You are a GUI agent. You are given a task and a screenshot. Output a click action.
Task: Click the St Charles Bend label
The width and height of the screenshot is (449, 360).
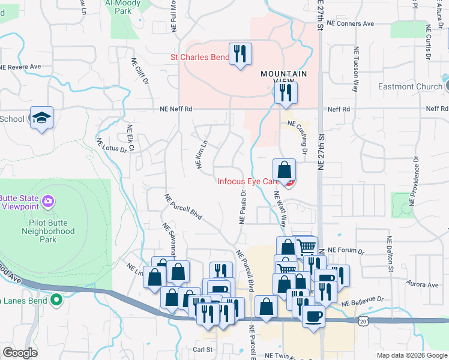(x=200, y=58)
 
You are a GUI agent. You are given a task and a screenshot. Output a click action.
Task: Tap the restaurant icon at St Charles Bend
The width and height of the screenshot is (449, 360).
(x=240, y=54)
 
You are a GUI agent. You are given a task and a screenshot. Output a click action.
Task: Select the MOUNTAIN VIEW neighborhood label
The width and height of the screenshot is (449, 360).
(x=283, y=74)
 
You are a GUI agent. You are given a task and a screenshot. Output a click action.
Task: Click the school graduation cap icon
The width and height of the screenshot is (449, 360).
(x=42, y=117)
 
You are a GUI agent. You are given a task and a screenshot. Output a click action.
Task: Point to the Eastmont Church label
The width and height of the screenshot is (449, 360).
(x=410, y=86)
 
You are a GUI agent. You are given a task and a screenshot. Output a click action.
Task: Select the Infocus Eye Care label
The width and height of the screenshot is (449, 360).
(x=249, y=181)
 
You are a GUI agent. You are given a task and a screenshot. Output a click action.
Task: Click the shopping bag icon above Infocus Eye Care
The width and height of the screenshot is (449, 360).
(x=284, y=170)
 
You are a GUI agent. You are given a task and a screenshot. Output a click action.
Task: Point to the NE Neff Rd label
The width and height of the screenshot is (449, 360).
(x=176, y=109)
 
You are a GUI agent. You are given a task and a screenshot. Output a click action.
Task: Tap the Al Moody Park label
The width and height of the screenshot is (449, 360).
(x=122, y=7)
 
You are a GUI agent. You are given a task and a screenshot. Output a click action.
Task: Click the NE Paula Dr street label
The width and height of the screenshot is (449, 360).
(x=243, y=208)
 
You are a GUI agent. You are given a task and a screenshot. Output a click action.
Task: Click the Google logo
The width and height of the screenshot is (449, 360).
(x=20, y=353)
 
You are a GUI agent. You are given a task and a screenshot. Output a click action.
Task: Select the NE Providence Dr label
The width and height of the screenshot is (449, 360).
(x=414, y=178)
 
